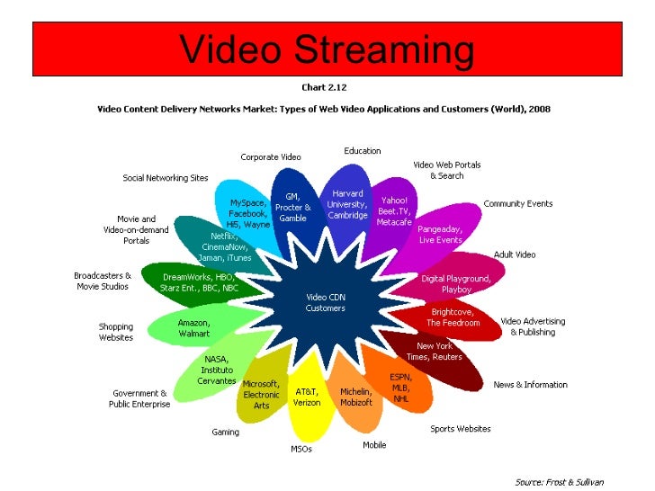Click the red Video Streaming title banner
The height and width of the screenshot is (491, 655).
click(327, 49)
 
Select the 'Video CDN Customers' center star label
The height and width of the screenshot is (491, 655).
click(325, 302)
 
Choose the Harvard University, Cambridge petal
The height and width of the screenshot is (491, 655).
click(347, 204)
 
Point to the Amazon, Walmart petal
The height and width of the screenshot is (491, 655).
click(193, 327)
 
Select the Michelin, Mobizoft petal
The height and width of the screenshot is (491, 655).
click(356, 397)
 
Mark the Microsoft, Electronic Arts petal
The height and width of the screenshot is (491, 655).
click(262, 393)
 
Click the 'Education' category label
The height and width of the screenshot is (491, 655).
click(363, 151)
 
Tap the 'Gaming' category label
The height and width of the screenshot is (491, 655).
click(225, 432)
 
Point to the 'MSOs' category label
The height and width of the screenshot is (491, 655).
click(301, 449)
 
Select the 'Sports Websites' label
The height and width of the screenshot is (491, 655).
click(461, 429)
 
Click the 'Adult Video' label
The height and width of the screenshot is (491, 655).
click(514, 254)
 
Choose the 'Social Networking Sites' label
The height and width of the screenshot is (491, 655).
click(166, 178)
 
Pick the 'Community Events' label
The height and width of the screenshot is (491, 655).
click(518, 204)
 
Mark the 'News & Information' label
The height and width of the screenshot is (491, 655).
click(531, 385)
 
